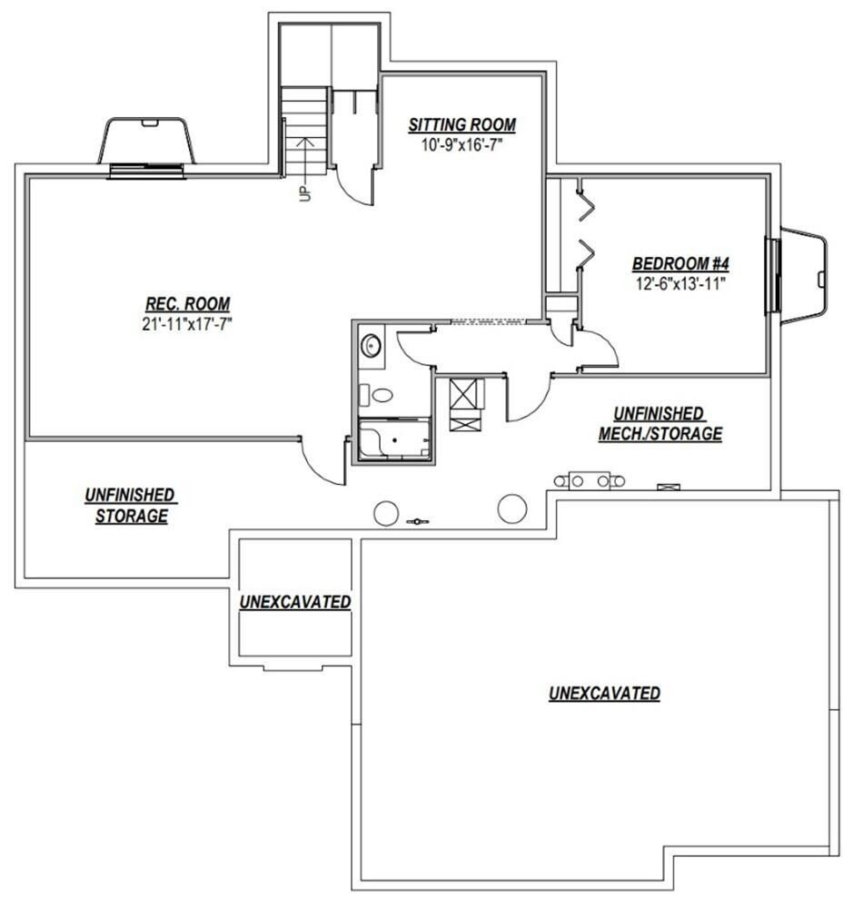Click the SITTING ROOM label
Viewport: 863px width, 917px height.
(x=461, y=124)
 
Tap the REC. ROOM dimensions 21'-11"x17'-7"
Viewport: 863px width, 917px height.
(x=187, y=323)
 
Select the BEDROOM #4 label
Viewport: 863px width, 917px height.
(x=681, y=263)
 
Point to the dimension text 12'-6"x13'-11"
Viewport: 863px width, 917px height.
(x=681, y=282)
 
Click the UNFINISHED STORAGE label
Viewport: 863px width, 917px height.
(x=131, y=505)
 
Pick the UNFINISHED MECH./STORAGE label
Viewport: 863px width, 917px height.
(x=660, y=424)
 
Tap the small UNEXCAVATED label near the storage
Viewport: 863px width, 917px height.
(x=295, y=602)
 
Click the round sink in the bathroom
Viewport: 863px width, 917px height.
(x=371, y=347)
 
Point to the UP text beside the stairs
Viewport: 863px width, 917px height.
(x=303, y=193)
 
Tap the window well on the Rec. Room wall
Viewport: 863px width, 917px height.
(x=146, y=145)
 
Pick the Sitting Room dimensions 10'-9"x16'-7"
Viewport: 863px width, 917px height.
(x=461, y=143)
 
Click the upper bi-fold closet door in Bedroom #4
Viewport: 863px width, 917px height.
(x=587, y=204)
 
